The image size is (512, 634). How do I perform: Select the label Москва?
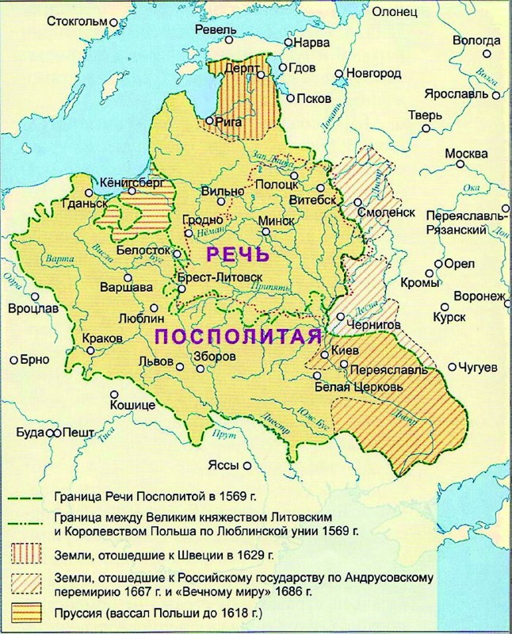[x=466, y=153]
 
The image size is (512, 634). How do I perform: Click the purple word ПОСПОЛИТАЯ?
[x=242, y=336]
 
